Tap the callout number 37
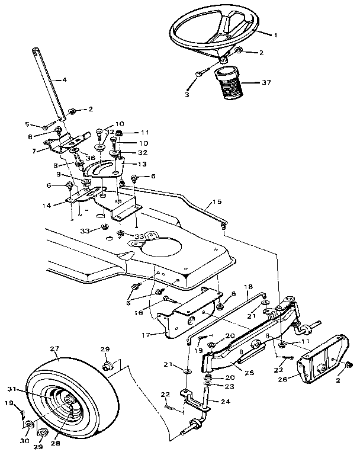(266, 82)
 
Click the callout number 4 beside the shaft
(65, 79)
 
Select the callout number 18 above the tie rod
(248, 286)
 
